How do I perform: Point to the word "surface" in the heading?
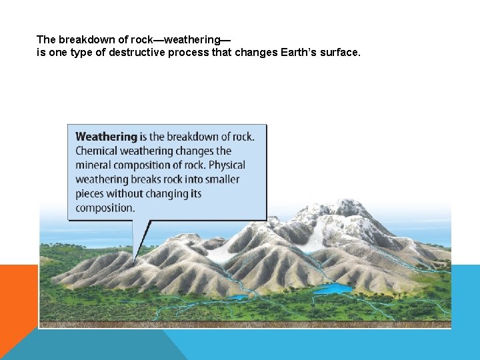[x=339, y=52]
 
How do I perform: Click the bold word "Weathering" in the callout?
[x=105, y=137]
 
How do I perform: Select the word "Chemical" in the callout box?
[x=97, y=151]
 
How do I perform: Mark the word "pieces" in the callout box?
[x=91, y=194]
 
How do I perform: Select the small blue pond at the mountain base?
[x=237, y=297]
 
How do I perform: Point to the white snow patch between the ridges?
[x=222, y=253]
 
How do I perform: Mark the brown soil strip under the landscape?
[x=245, y=325]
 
